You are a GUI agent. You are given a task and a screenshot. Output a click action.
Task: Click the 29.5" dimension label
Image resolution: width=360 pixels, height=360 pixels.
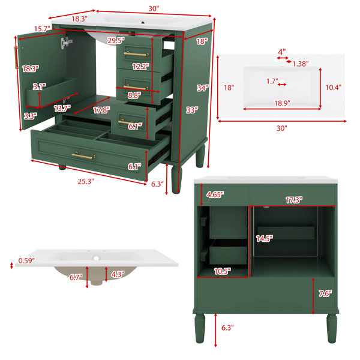pyautogui.click(x=116, y=41)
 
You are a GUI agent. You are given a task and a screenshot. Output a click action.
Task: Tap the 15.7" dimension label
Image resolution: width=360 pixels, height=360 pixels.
pyautogui.click(x=42, y=29)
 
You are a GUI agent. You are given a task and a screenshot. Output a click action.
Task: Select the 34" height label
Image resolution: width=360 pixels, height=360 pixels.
pyautogui.click(x=203, y=88)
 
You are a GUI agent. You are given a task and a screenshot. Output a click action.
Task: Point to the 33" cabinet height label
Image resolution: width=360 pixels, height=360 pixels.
pyautogui.click(x=192, y=110)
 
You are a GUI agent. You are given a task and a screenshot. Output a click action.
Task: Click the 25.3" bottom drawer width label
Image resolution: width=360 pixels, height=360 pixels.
pyautogui.click(x=86, y=181)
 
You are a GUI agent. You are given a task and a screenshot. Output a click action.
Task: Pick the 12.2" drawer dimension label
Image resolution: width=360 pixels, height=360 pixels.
pyautogui.click(x=141, y=67)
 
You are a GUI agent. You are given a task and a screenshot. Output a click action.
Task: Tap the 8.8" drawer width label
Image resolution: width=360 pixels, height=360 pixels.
pyautogui.click(x=134, y=95)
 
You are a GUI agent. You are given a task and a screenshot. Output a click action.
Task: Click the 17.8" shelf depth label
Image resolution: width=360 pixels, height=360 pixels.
pyautogui.click(x=101, y=110)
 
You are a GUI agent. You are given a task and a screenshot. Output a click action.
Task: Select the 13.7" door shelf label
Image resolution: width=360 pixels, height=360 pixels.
pyautogui.click(x=62, y=108)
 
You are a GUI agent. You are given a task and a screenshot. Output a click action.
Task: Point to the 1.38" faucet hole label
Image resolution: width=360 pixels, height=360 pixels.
pyautogui.click(x=301, y=64)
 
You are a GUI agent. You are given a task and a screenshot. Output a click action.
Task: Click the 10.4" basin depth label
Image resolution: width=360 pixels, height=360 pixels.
pyautogui.click(x=334, y=87)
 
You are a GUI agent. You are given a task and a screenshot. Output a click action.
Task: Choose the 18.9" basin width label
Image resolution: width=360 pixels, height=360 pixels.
pyautogui.click(x=283, y=103)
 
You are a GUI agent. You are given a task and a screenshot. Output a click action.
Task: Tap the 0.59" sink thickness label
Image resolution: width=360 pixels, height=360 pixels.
pyautogui.click(x=26, y=260)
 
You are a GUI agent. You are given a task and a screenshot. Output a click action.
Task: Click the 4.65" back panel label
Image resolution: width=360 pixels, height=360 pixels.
pyautogui.click(x=215, y=194)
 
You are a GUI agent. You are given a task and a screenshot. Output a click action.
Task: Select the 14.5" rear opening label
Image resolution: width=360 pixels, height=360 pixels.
pyautogui.click(x=265, y=239)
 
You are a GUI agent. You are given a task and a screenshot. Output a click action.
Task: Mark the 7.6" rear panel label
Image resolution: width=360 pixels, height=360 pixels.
pyautogui.click(x=325, y=293)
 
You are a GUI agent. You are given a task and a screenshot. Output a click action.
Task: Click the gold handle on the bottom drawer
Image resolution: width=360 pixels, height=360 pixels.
pyautogui.click(x=83, y=156)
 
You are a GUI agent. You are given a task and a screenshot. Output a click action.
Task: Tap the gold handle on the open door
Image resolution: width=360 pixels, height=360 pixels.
pyautogui.click(x=16, y=58)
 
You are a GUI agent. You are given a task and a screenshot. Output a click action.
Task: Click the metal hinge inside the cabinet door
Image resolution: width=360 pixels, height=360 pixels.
pyautogui.click(x=66, y=43)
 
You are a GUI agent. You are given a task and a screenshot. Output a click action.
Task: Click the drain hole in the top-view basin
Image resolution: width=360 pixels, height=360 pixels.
pyautogui.click(x=282, y=81)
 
